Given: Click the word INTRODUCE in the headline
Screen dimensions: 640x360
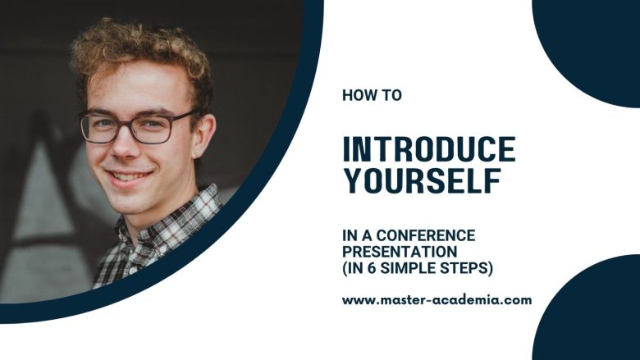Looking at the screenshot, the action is (429, 149).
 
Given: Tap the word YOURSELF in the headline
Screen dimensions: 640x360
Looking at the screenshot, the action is (423, 180).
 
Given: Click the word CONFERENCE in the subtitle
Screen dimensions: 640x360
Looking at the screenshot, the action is (426, 235).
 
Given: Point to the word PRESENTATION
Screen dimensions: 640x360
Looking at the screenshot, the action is (400, 252).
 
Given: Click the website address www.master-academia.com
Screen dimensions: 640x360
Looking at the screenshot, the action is (437, 300).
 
